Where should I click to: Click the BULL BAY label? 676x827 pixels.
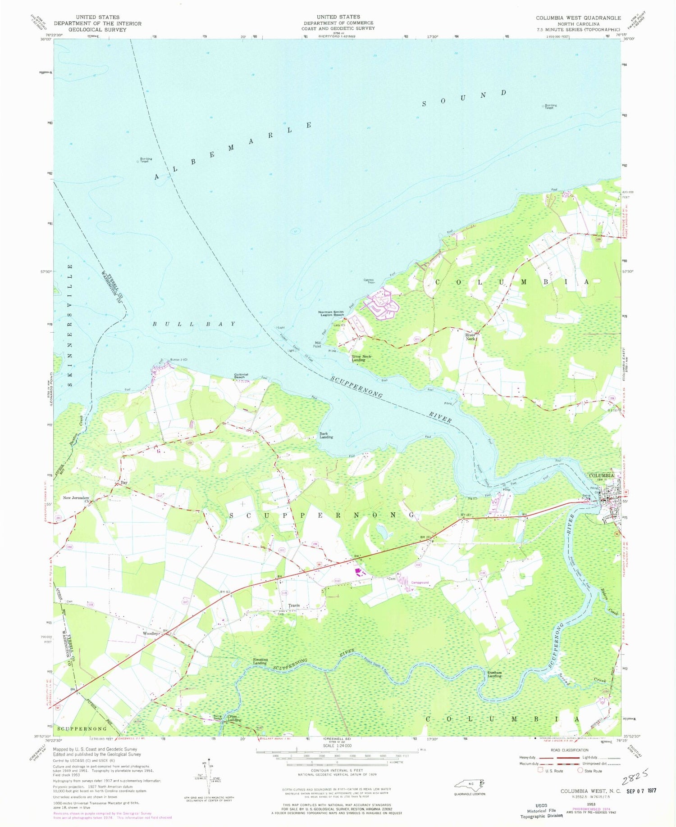[194, 324]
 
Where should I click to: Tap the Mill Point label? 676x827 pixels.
[317, 344]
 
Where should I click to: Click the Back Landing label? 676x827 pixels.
[326, 436]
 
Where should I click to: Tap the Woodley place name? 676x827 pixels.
[150, 633]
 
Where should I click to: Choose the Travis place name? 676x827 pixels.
[294, 606]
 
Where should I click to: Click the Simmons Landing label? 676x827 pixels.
[260, 661]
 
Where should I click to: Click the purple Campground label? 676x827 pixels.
[420, 583]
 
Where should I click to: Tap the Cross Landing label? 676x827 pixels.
[234, 718]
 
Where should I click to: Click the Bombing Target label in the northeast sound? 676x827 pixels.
[550, 106]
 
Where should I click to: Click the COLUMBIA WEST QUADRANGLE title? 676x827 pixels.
[578, 18]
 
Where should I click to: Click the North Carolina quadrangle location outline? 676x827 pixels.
[470, 785]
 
